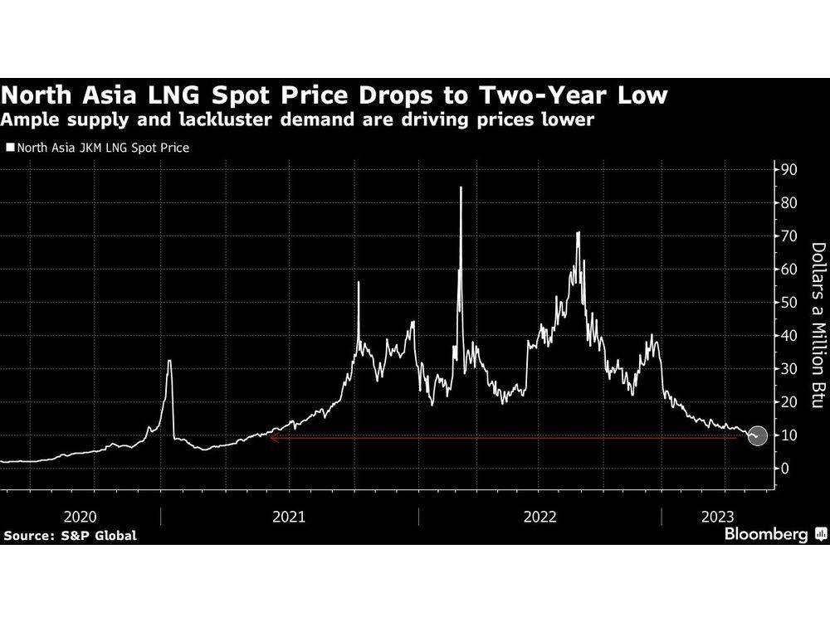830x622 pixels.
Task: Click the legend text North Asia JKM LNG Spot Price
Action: coord(100,148)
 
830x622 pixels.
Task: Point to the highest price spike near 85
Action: coord(461,187)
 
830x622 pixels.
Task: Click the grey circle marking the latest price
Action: coord(756,435)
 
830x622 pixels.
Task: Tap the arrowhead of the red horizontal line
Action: coord(272,438)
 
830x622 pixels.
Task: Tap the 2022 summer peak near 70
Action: coord(578,233)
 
